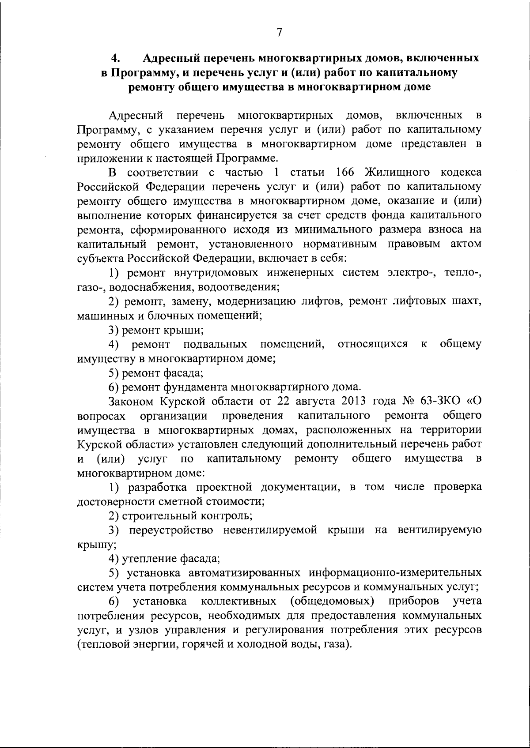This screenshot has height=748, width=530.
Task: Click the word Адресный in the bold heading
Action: coord(171,58)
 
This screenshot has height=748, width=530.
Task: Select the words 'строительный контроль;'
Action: coord(187,515)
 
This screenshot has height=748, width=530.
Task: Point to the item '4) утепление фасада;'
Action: coord(164,559)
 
